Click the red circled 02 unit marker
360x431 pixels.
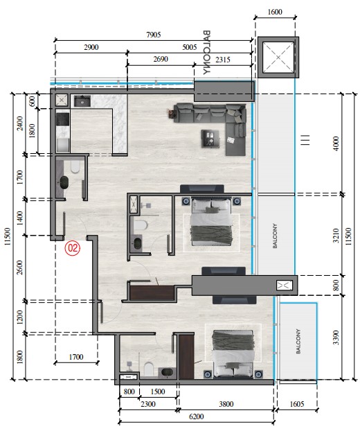[73, 248]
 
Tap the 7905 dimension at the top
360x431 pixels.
[154, 35]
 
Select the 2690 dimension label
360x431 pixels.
[161, 59]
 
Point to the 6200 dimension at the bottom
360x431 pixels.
[197, 416]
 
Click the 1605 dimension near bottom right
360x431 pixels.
[297, 404]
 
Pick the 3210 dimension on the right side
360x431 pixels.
[336, 236]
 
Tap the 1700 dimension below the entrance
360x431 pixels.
[76, 357]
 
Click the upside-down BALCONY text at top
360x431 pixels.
[207, 52]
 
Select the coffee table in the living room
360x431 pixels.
[210, 139]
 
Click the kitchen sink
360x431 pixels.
[82, 101]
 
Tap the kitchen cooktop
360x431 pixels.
[62, 120]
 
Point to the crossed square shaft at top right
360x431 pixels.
[278, 58]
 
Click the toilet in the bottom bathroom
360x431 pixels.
[149, 369]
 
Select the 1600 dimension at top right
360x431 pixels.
[275, 12]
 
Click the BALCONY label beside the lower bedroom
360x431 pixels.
[298, 341]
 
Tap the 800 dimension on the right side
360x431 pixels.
[336, 285]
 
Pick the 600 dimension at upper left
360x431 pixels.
[32, 101]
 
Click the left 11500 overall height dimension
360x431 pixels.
[8, 236]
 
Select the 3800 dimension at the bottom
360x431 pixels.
[226, 404]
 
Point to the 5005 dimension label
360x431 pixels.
[190, 47]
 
